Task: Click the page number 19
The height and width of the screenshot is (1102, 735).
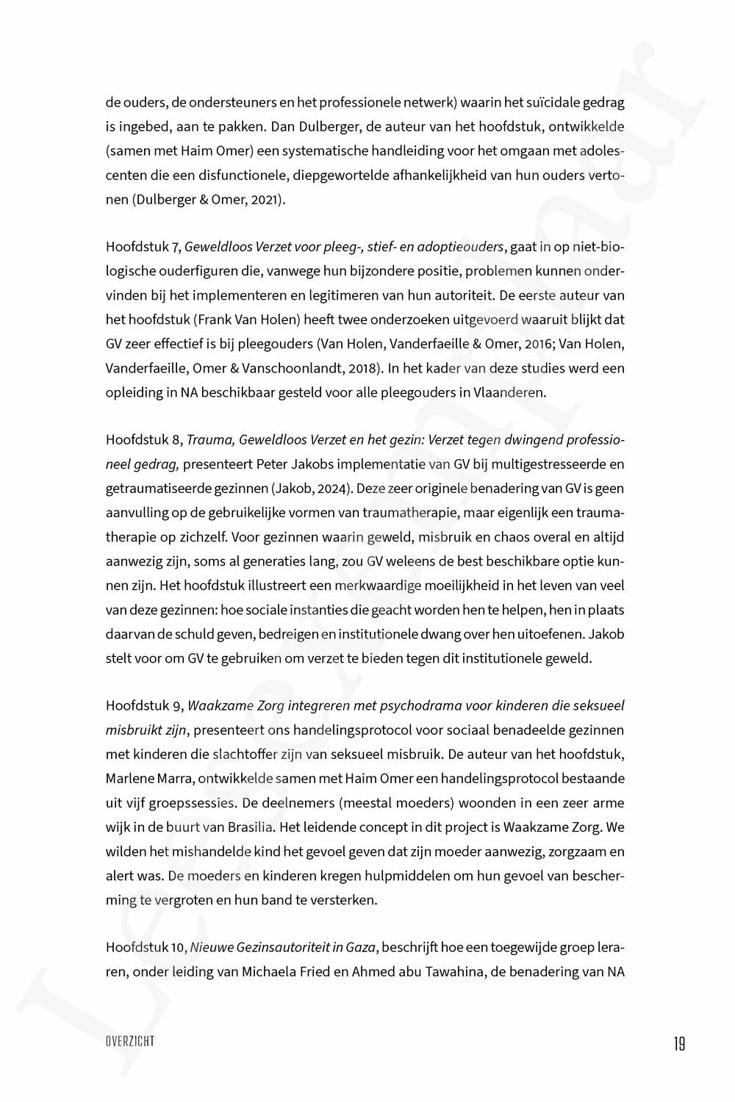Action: [678, 1043]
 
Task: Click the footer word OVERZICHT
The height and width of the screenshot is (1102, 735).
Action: [129, 1042]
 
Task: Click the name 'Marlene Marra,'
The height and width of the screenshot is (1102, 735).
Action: [145, 779]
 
